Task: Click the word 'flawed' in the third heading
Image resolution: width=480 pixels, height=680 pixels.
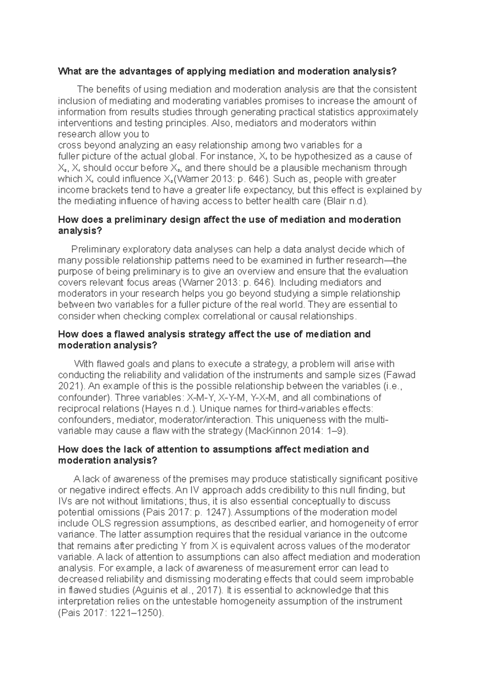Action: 129,334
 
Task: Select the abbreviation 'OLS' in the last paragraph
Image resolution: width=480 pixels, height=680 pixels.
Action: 101,524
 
